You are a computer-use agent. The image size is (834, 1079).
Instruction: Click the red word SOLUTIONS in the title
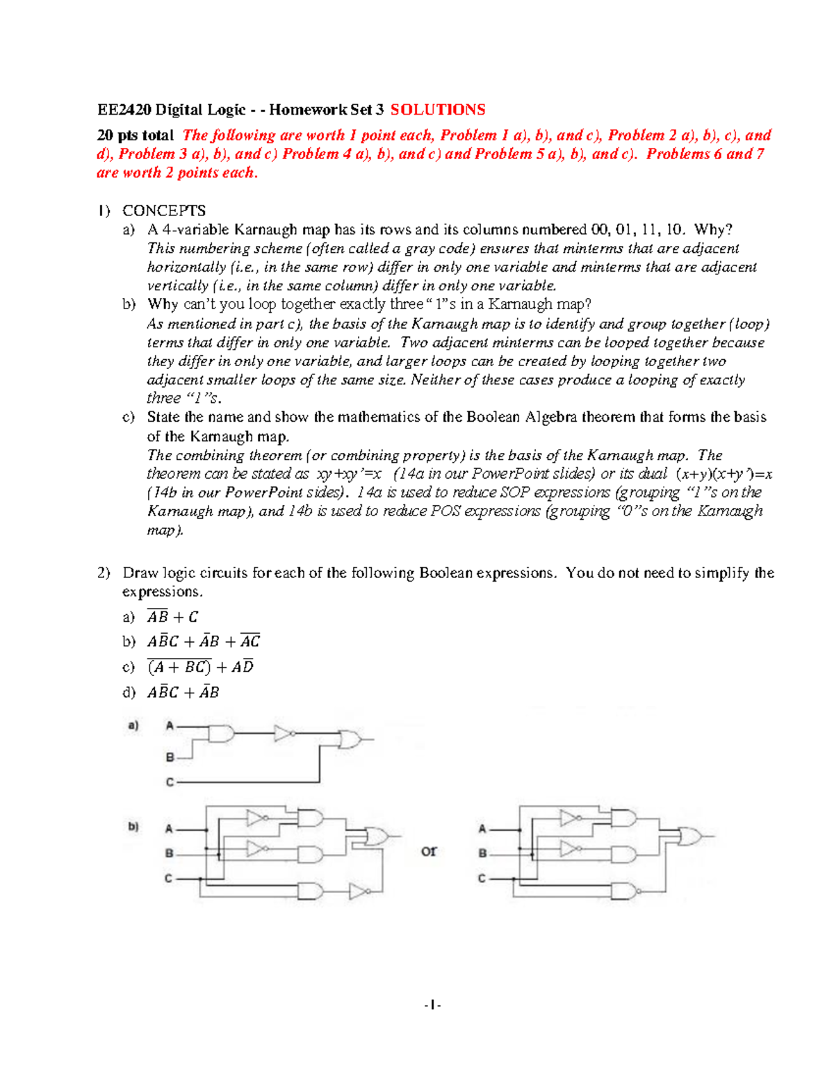tap(438, 110)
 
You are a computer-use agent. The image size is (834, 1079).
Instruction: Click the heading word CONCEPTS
tap(164, 211)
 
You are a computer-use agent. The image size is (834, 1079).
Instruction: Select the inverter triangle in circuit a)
tap(283, 734)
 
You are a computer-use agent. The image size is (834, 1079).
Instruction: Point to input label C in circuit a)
tap(170, 782)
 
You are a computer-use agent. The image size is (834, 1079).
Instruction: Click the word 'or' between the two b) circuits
tap(429, 851)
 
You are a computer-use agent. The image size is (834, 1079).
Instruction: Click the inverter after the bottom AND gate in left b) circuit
tap(359, 891)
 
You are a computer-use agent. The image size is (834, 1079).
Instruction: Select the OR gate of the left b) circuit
tap(377, 837)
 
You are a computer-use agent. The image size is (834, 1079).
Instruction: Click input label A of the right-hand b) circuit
tap(482, 829)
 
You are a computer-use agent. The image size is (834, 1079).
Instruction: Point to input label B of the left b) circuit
tap(169, 854)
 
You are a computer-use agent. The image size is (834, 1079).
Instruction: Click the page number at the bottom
tap(433, 1005)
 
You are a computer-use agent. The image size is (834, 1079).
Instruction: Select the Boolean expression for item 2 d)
tap(183, 693)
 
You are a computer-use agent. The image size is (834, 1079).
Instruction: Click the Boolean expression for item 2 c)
tap(200, 667)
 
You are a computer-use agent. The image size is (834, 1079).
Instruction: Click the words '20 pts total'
tap(136, 135)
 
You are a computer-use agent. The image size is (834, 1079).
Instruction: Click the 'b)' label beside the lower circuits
tap(133, 827)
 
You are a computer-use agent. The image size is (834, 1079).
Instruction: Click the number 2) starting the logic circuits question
tap(104, 573)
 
